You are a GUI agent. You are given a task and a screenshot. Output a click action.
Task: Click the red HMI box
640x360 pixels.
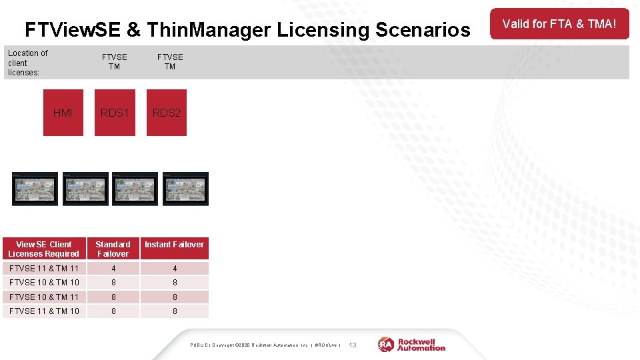click(63, 113)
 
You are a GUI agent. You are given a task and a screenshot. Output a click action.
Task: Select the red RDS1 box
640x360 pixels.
click(115, 113)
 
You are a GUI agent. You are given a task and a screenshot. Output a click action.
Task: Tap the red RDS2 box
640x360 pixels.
click(167, 113)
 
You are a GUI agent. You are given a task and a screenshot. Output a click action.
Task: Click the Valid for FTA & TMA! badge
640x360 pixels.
click(559, 24)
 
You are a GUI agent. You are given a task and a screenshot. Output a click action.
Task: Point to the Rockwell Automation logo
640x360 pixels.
click(412, 344)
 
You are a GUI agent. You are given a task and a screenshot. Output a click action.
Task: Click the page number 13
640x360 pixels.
click(353, 345)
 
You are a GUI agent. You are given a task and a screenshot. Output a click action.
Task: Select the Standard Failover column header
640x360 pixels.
click(113, 249)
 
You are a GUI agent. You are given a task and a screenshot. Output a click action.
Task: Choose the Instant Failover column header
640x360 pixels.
click(175, 245)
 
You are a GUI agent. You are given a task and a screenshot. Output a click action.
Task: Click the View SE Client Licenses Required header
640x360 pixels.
click(44, 249)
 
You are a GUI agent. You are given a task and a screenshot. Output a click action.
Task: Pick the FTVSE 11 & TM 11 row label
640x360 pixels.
click(44, 268)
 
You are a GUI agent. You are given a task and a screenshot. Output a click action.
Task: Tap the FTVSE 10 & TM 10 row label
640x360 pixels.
click(44, 283)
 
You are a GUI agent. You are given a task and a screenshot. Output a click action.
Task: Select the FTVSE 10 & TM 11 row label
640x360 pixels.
click(44, 297)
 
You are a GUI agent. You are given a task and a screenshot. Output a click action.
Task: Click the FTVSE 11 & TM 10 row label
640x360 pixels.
click(44, 311)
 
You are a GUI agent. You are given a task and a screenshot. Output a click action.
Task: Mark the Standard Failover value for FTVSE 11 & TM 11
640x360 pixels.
click(113, 268)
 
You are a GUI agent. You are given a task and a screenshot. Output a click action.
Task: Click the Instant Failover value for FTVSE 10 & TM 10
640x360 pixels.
click(175, 283)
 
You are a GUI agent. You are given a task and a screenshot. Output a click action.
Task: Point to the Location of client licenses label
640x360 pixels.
click(28, 63)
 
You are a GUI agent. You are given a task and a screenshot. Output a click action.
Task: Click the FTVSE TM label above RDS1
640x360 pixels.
click(115, 62)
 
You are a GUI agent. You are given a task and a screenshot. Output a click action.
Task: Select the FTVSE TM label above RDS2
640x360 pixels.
click(170, 62)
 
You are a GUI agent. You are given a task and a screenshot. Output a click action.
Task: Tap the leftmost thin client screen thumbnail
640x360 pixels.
click(35, 189)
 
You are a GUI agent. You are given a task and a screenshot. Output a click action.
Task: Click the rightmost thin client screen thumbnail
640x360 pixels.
click(186, 189)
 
